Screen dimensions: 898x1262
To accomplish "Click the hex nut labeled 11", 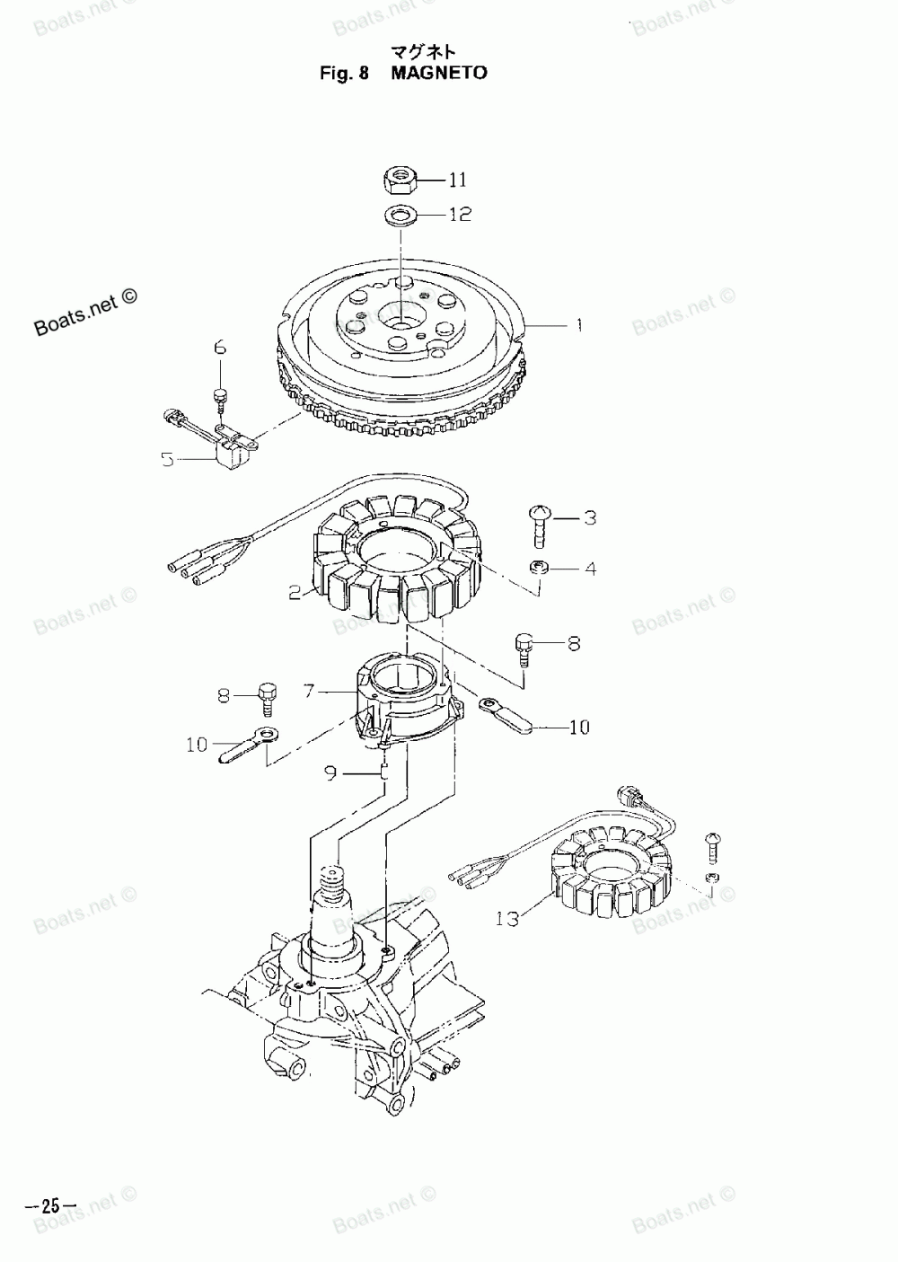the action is coord(399,181).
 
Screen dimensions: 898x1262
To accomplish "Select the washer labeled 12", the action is coord(399,216).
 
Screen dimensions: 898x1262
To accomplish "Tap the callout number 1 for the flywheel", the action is coord(578,324).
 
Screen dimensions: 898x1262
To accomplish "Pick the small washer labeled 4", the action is coord(539,568).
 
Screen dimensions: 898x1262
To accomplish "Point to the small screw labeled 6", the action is coord(219,395).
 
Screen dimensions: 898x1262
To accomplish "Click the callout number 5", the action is coord(168,460).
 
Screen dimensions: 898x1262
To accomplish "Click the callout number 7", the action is coord(308,692).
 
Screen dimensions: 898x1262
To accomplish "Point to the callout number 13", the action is coord(506,919).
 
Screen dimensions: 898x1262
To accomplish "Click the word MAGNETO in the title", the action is coord(439,73).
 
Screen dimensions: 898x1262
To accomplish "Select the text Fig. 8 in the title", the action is coord(345,73).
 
